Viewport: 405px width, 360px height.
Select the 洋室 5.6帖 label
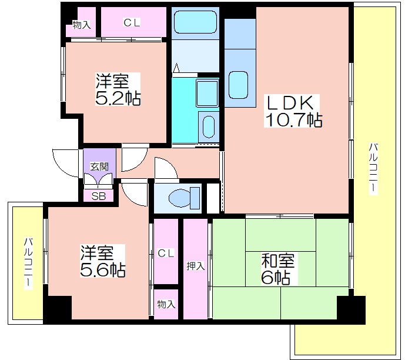102,261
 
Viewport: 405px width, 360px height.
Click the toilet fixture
184,198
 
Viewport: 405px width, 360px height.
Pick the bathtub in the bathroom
195,22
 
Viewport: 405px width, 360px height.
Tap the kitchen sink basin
238,85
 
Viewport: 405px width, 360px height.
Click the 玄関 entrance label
99,166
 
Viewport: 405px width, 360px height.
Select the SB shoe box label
99,196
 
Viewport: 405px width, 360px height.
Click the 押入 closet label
196,266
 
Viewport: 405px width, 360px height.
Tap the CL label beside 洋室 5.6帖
166,254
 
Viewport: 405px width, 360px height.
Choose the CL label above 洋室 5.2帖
132,23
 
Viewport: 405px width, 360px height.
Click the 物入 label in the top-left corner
81,25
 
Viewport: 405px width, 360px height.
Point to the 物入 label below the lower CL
166,304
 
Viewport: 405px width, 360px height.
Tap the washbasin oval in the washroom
209,126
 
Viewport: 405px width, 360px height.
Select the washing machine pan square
207,94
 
